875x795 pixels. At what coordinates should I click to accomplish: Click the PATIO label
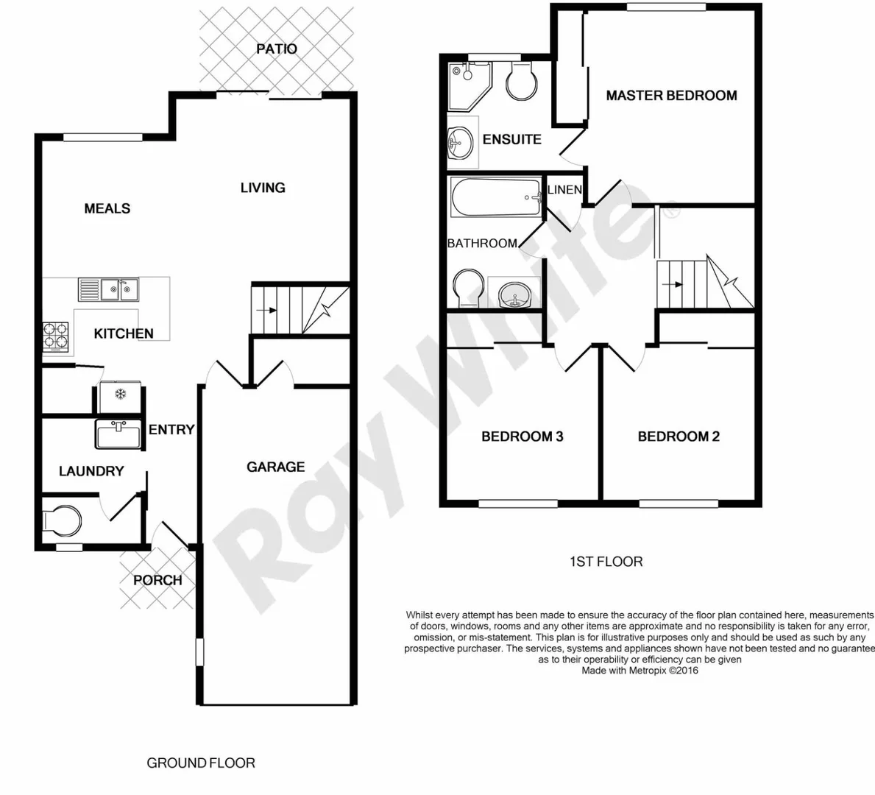point(277,49)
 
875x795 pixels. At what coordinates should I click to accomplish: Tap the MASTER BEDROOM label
point(671,95)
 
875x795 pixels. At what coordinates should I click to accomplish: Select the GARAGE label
point(275,467)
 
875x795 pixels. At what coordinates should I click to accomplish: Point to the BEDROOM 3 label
point(522,437)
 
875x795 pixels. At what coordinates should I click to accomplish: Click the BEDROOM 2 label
point(679,437)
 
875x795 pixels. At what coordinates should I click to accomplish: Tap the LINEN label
point(565,189)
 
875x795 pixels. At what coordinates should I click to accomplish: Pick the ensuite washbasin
point(461,141)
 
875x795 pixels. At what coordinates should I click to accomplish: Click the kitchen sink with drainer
point(109,289)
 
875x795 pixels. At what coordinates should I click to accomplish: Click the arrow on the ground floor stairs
point(266,311)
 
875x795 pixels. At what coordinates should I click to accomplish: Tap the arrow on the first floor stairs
point(672,283)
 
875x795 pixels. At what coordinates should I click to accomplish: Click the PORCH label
point(157,580)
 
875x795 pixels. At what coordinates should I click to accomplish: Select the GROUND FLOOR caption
point(201,763)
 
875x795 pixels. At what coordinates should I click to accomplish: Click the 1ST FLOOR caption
point(606,562)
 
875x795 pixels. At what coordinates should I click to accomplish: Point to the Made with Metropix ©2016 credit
point(640,671)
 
